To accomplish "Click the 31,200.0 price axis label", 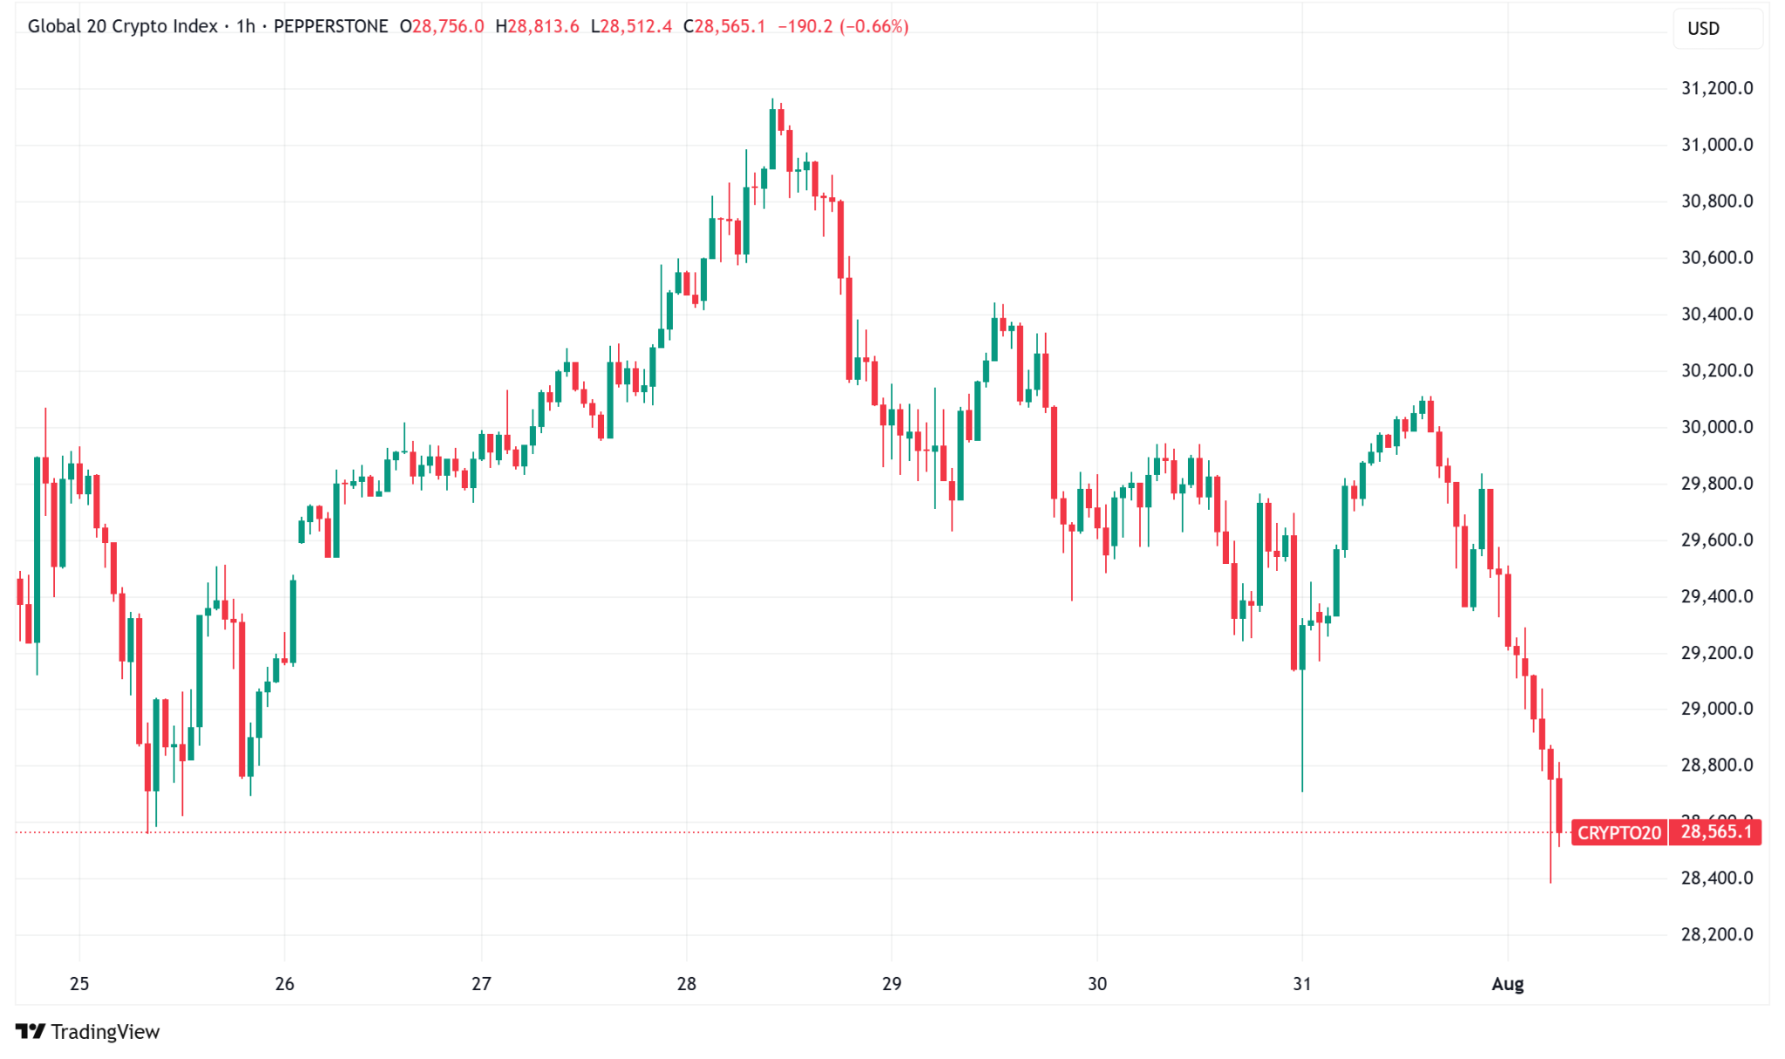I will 1716,88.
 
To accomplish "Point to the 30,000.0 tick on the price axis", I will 1716,427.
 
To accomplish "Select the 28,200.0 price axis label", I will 1716,934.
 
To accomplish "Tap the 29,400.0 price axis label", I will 1716,596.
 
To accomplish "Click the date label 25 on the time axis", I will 79,984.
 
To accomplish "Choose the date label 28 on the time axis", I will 687,984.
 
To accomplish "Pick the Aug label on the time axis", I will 1507,984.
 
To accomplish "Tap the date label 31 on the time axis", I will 1302,984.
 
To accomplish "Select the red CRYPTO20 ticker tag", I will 1619,832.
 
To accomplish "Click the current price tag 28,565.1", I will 1715,832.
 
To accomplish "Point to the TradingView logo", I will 88,1032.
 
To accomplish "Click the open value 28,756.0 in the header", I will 447,26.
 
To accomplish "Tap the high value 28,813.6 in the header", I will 543,26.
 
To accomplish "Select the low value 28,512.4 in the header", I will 636,26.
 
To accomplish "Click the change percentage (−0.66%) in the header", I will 874,26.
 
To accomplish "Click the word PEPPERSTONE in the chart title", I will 330,26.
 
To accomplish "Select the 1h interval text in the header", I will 246,26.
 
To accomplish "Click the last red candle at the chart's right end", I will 1559,806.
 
